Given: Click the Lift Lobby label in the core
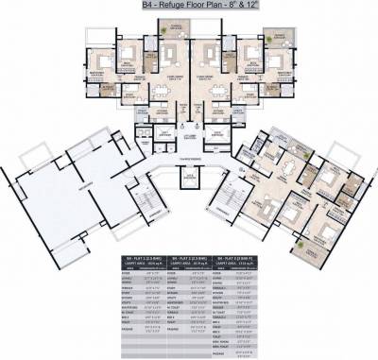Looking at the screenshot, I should (x=188, y=138).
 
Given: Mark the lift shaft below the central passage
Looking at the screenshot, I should (x=189, y=178).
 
